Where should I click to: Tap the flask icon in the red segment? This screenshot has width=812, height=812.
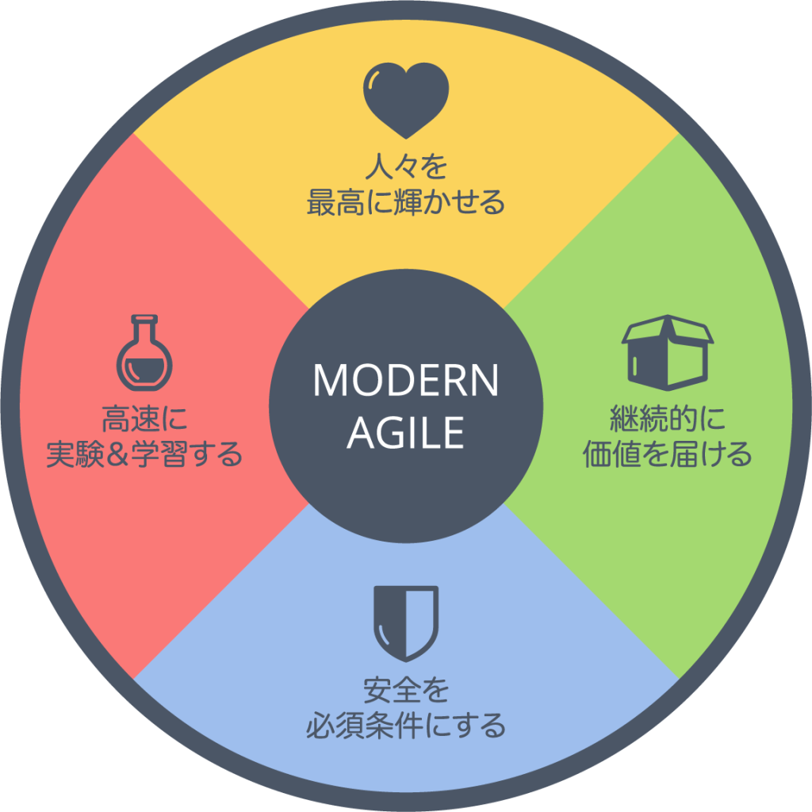(144, 352)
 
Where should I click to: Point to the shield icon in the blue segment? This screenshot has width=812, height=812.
(406, 622)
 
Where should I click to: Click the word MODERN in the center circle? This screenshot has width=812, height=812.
(406, 381)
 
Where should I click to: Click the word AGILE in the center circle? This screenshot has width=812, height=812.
(406, 432)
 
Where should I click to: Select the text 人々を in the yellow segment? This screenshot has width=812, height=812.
(406, 168)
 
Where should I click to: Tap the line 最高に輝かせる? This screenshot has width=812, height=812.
(406, 203)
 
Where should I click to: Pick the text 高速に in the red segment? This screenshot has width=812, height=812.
(144, 420)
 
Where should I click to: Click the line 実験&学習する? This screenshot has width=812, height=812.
(144, 455)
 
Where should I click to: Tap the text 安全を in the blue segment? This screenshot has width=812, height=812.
(406, 691)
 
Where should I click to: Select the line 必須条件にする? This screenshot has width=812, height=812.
(406, 726)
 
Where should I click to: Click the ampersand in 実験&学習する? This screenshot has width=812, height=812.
(132, 456)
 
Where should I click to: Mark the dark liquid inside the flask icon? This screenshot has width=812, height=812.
(144, 370)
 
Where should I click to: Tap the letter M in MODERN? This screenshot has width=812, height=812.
(331, 381)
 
